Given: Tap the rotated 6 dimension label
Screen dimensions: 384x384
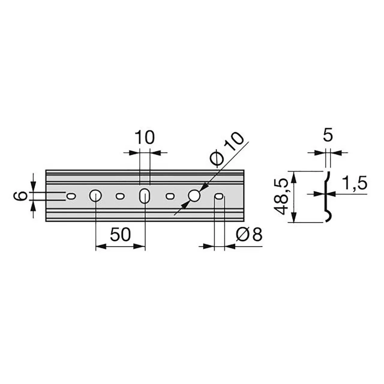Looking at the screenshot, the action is point(20,196).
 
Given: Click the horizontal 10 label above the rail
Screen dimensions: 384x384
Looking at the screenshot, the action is point(145,137).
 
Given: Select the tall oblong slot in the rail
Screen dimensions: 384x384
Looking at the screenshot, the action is point(145,196).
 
